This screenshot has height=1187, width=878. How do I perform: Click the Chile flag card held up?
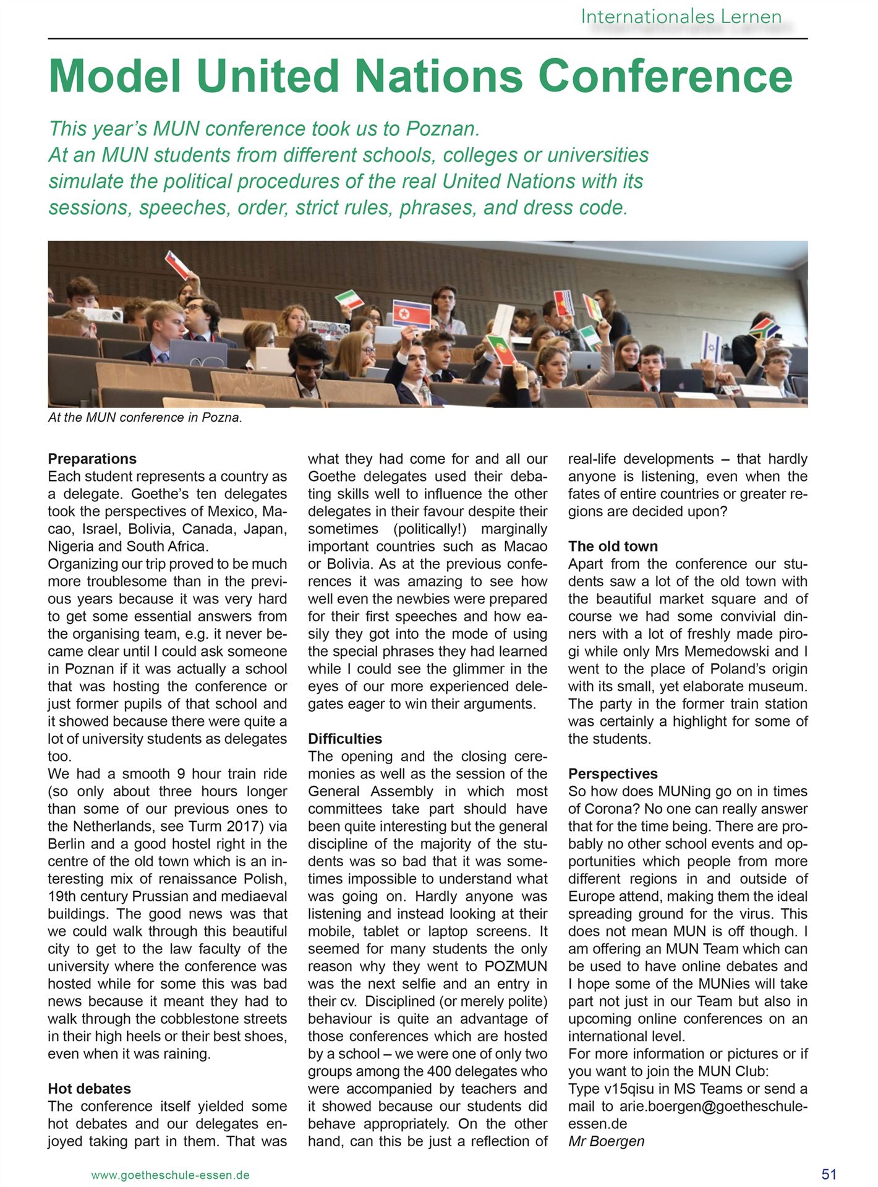coord(177,264)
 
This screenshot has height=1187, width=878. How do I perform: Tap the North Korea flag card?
coord(411,314)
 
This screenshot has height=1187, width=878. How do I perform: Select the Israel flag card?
coord(712,346)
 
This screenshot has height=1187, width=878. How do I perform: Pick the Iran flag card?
coord(349,300)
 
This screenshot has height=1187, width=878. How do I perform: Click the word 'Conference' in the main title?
coord(665,76)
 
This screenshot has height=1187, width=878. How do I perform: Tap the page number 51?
coord(829,1174)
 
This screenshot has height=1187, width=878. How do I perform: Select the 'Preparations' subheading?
coord(92,459)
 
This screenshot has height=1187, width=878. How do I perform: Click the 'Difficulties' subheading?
coord(345,739)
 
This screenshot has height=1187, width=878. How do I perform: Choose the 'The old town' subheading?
coord(613,547)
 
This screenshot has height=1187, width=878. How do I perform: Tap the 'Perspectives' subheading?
coord(613,774)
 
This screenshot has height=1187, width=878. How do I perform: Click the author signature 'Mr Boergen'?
coord(606,1141)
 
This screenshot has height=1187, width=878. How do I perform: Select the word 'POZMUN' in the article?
coord(516,966)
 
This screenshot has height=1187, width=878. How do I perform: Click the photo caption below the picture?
coord(145,417)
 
